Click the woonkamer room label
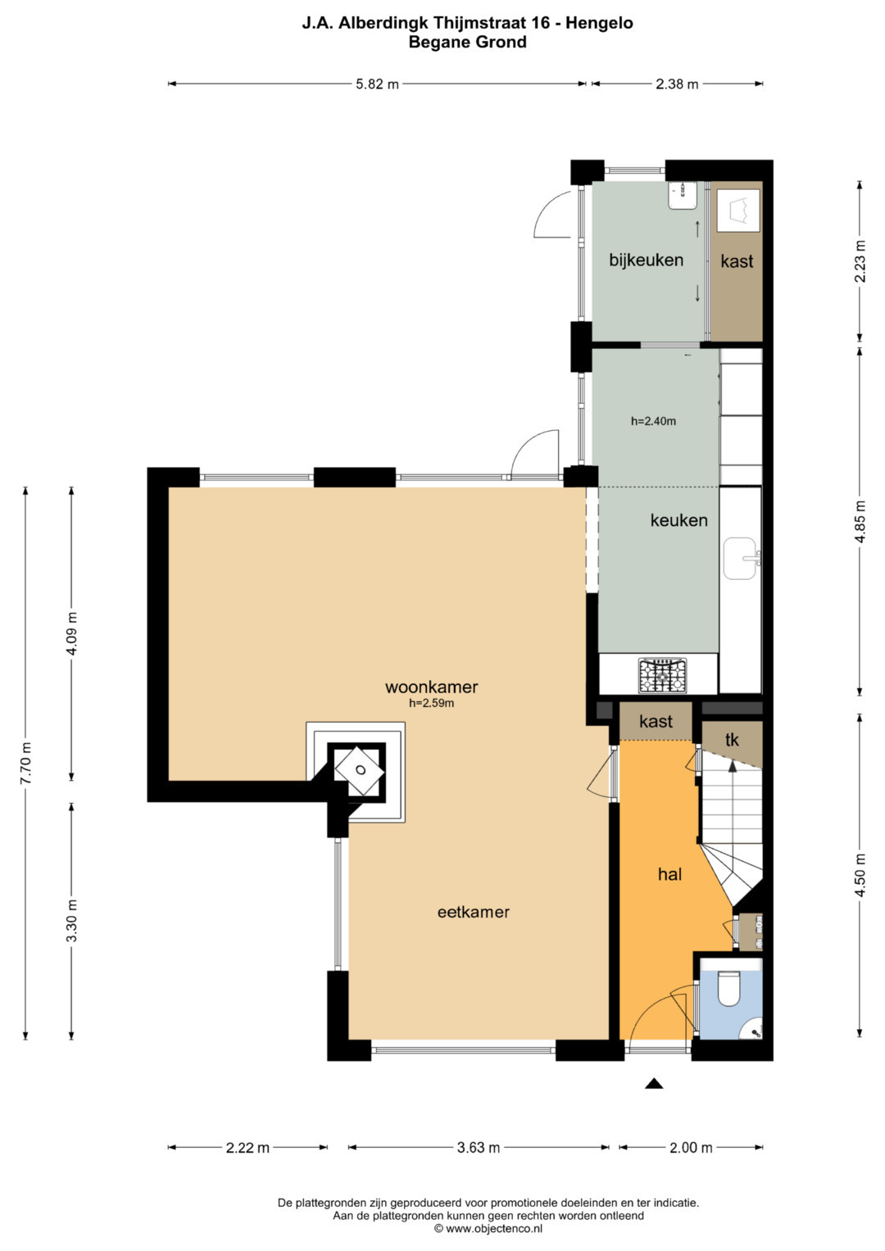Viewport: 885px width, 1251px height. point(431,687)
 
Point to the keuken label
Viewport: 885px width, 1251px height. point(678,520)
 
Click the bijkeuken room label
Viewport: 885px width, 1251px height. point(647,260)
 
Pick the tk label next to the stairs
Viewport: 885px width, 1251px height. point(732,740)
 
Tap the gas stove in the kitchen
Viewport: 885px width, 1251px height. point(662,676)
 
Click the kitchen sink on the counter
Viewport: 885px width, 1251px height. point(742,558)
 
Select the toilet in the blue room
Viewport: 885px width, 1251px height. point(729,989)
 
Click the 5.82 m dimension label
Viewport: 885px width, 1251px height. point(378,84)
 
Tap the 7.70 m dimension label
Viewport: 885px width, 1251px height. point(25,763)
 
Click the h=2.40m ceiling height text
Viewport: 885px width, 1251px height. point(654,421)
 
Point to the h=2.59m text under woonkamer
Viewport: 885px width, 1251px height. point(431,703)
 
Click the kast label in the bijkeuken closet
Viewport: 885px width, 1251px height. point(737,261)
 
